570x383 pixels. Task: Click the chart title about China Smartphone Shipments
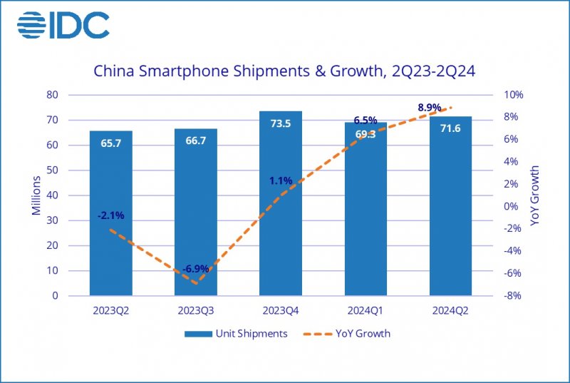pyautogui.click(x=285, y=71)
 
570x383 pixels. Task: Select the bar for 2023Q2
pyautogui.click(x=110, y=214)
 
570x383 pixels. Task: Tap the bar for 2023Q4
pyautogui.click(x=281, y=214)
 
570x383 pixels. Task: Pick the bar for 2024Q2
pyautogui.click(x=450, y=214)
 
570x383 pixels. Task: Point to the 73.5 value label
pyautogui.click(x=281, y=124)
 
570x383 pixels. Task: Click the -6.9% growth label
pyautogui.click(x=195, y=269)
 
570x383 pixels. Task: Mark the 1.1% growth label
pyautogui.click(x=281, y=180)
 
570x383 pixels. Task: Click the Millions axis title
pyautogui.click(x=36, y=195)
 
